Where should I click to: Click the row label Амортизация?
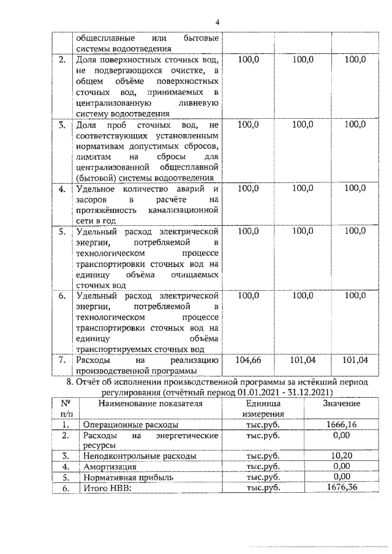[x=106, y=466]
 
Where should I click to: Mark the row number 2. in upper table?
[x=62, y=59]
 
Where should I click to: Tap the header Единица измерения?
[x=263, y=409]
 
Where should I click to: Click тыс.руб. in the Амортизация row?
[x=263, y=466]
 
